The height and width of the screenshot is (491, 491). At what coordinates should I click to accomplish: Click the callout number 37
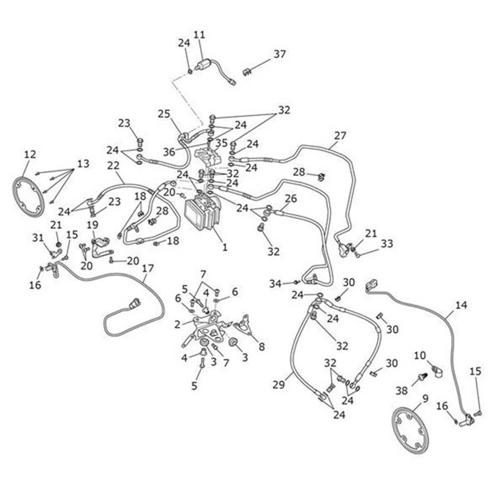click(280, 54)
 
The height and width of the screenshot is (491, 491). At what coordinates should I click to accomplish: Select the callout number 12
click(30, 154)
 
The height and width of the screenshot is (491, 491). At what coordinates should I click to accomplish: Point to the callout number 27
click(340, 135)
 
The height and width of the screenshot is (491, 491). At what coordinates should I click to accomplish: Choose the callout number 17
click(148, 268)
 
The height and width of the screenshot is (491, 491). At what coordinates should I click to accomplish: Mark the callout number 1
click(225, 247)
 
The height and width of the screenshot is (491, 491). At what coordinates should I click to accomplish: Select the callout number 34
click(275, 283)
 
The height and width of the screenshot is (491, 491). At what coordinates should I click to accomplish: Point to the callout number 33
click(387, 244)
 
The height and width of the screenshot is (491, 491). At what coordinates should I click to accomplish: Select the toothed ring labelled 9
click(409, 430)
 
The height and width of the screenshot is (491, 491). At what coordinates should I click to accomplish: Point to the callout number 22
click(113, 166)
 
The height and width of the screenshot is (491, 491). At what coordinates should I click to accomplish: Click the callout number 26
click(291, 199)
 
